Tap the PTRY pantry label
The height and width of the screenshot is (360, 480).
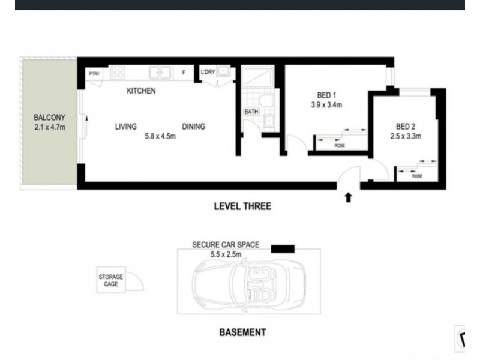[94, 73]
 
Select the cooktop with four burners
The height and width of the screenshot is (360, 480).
[117, 73]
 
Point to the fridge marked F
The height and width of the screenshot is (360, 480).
[184, 73]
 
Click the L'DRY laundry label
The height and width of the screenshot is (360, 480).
[208, 73]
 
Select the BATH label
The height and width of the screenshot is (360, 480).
[250, 112]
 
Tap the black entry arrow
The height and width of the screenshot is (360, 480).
[348, 197]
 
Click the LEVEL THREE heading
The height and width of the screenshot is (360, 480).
[243, 206]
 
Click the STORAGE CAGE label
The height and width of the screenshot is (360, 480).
[111, 280]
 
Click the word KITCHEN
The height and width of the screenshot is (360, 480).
[141, 91]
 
